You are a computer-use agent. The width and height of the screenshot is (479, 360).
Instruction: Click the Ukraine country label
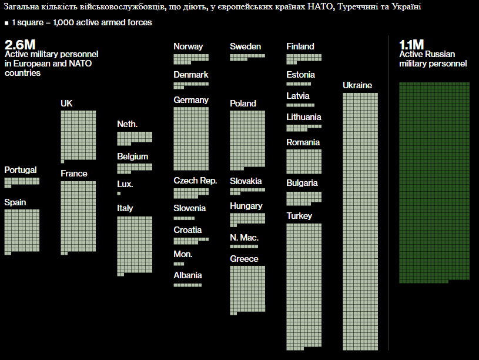[x=357, y=85]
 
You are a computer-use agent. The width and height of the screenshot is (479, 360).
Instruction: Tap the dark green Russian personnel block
[x=434, y=182]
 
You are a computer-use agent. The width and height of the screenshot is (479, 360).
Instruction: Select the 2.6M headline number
[x=20, y=45]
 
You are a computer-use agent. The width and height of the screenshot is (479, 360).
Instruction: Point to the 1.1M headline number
[x=411, y=45]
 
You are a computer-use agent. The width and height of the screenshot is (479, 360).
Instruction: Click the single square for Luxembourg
[x=119, y=193]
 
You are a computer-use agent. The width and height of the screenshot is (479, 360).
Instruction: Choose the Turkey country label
[x=299, y=216]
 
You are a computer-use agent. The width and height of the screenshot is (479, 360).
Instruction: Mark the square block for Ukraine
[x=360, y=221]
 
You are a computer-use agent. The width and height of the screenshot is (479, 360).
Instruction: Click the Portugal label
[x=21, y=170]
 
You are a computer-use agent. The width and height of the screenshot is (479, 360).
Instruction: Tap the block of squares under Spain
[x=22, y=231]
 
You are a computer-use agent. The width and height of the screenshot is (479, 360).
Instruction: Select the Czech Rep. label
[x=195, y=181]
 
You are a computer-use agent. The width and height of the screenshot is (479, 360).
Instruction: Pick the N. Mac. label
[x=244, y=238]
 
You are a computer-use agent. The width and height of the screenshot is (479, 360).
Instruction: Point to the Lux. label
[x=125, y=184]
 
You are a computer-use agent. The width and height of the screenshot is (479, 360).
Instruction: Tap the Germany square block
[x=191, y=138]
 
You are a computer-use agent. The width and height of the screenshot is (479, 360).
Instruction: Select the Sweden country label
[x=246, y=46]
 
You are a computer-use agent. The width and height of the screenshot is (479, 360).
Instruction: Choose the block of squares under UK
[x=78, y=135]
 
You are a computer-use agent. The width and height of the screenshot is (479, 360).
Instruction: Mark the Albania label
[x=187, y=275]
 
